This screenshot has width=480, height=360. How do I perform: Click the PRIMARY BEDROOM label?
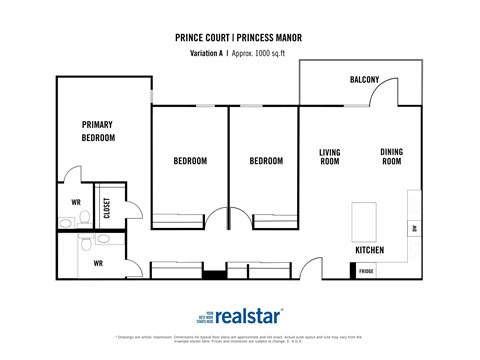[97, 131]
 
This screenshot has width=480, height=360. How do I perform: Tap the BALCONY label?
[363, 80]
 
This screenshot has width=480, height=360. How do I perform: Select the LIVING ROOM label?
[330, 157]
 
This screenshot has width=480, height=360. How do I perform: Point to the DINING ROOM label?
[391, 157]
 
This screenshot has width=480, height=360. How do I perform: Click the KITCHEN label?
[370, 249]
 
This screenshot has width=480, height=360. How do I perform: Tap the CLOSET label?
[107, 207]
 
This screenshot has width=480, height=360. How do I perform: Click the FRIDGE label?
[367, 271]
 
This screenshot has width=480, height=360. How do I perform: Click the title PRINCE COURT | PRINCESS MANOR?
[239, 38]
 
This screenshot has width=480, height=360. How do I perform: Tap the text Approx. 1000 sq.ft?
[267, 53]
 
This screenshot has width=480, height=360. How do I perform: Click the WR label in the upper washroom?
[75, 203]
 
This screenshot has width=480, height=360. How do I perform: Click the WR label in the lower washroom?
[98, 264]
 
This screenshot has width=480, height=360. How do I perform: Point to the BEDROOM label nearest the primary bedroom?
[190, 161]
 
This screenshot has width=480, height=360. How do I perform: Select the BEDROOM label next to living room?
[265, 161]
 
